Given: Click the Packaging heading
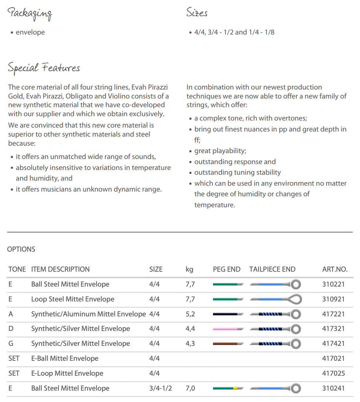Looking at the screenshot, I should (29, 14).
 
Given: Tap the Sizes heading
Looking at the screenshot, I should (197, 13).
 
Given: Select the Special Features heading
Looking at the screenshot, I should (44, 68).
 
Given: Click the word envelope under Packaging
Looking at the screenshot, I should (30, 32).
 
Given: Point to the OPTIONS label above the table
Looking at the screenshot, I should (21, 249).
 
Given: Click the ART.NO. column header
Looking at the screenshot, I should (335, 269).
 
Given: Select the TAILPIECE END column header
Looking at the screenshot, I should (272, 269).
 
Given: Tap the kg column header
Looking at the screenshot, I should (189, 269).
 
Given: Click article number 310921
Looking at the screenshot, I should (333, 299).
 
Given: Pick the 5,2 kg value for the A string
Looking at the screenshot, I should (190, 314).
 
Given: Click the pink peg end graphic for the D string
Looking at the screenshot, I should (226, 329).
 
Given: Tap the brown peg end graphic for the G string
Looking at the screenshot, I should (226, 344).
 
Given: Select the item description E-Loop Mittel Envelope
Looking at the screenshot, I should (67, 373).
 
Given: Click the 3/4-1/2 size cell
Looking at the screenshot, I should (161, 388).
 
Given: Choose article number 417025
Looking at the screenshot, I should (333, 373).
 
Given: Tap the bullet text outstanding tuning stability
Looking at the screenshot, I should (237, 172).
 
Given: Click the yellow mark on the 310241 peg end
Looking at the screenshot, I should (235, 388).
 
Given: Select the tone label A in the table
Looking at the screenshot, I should (11, 314).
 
